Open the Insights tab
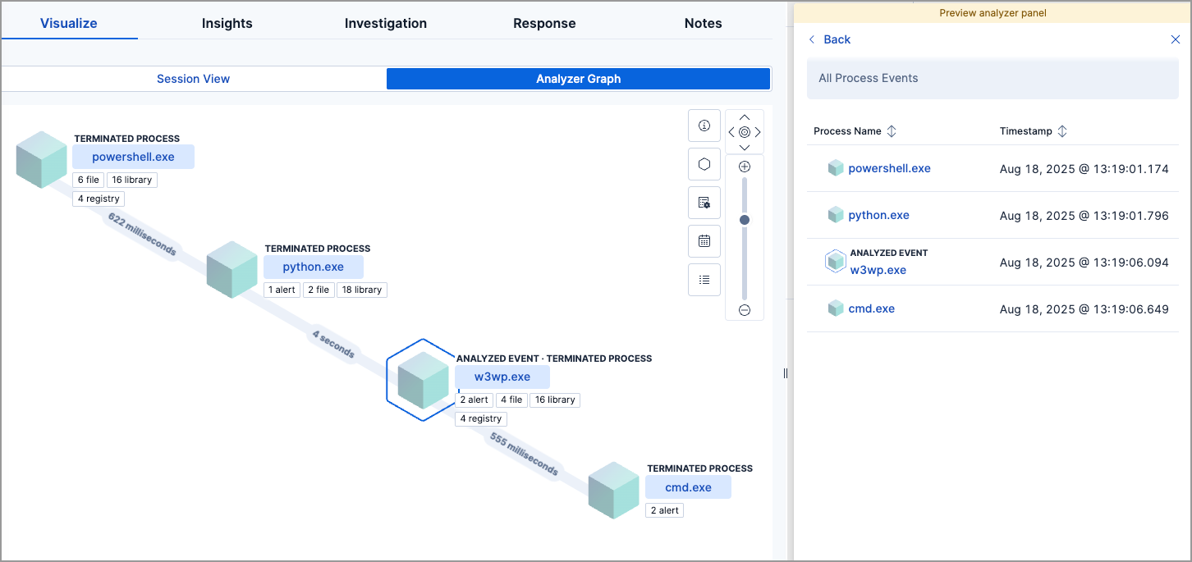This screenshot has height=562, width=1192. click(x=227, y=23)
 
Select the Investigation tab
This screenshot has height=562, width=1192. click(x=385, y=23)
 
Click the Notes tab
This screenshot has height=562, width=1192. click(x=703, y=23)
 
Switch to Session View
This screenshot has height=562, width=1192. click(x=194, y=79)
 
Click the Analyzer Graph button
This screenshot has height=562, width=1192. click(x=578, y=79)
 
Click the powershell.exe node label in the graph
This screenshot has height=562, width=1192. click(x=133, y=157)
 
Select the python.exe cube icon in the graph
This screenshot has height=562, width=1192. click(x=232, y=269)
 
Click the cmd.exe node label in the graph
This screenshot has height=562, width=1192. click(x=688, y=487)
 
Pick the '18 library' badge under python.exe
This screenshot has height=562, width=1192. click(x=361, y=290)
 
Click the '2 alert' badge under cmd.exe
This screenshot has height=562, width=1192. click(x=664, y=510)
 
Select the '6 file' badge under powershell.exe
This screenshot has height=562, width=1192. click(x=88, y=180)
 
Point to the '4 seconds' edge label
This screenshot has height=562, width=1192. click(x=333, y=344)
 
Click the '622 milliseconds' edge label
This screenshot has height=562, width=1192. click(x=141, y=234)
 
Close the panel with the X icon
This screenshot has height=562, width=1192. click(x=1175, y=39)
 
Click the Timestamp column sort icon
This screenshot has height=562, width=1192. click(x=1061, y=131)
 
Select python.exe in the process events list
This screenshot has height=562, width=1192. click(x=878, y=215)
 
